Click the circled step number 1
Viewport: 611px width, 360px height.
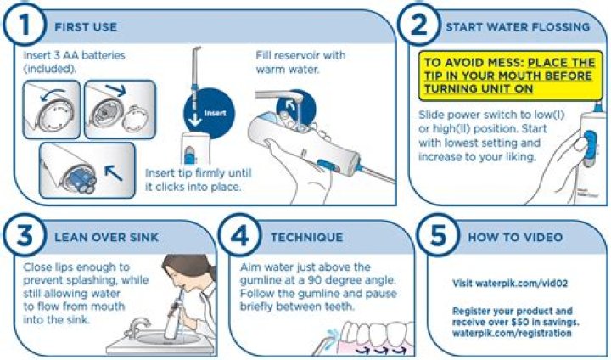[24, 24]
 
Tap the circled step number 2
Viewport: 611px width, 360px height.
[419, 24]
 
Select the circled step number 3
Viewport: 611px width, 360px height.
[24, 235]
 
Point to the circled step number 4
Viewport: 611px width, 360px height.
[239, 235]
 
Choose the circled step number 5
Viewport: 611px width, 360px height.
[438, 235]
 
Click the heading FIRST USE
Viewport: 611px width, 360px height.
[86, 27]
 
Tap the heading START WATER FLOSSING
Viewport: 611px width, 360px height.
[518, 27]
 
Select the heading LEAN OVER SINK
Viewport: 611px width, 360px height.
[106, 237]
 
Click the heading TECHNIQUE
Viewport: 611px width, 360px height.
[307, 237]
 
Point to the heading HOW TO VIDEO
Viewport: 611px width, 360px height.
[515, 237]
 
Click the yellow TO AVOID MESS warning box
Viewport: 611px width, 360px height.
[510, 76]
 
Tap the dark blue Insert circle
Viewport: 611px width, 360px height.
[210, 113]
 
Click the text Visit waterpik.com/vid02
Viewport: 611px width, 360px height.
[510, 284]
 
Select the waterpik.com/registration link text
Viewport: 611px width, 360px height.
[512, 333]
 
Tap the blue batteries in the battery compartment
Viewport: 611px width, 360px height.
[82, 180]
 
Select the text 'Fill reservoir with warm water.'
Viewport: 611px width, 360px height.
[300, 62]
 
